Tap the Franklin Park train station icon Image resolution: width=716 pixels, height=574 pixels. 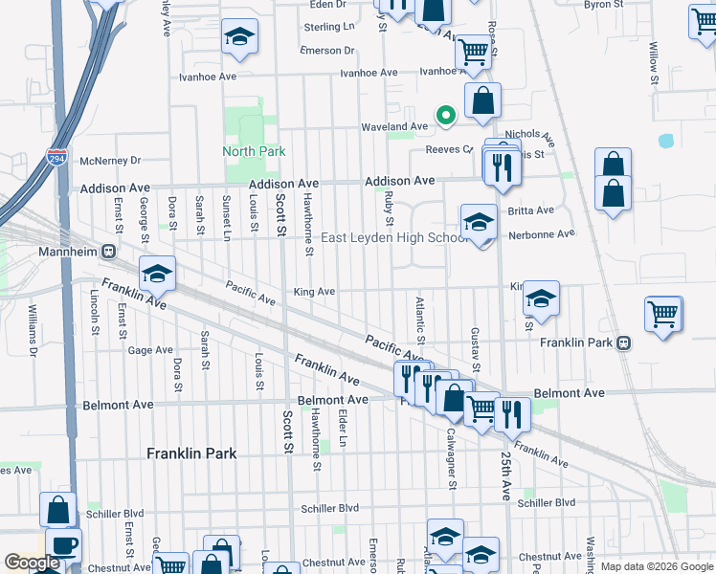point(624,342)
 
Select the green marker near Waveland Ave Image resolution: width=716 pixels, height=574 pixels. point(445,116)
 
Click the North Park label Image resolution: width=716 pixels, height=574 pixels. point(254,151)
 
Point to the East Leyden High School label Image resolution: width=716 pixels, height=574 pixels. point(394,238)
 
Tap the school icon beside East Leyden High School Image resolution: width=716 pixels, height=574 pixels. point(478,224)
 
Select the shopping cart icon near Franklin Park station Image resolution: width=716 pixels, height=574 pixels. point(662,314)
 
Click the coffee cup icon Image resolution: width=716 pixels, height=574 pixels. point(63,545)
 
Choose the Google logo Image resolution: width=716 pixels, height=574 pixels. point(32,563)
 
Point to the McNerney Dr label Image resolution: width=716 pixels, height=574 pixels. point(111,161)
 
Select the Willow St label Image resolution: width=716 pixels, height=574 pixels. point(654,62)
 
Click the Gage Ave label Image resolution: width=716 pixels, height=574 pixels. point(150,351)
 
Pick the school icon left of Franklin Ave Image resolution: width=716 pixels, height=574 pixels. point(157,275)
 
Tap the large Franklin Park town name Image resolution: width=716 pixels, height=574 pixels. point(190,453)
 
